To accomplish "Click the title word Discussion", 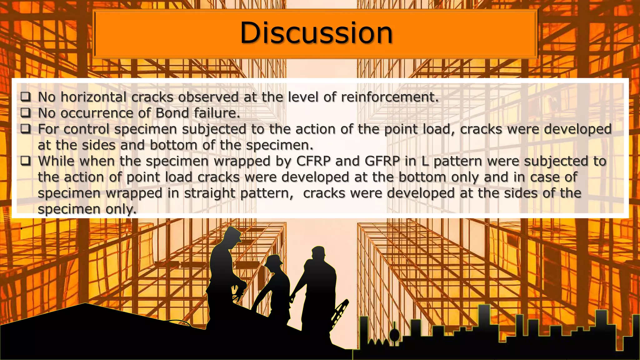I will coord(316,33).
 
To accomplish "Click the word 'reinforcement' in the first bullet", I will coord(389,97).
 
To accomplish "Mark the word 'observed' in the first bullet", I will coord(208,97).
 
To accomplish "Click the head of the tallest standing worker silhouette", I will coord(233,237).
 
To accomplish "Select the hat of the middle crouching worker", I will coord(274,260).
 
